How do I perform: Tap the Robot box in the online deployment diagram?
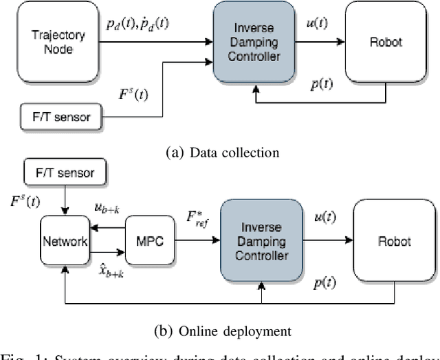pos(393,241)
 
